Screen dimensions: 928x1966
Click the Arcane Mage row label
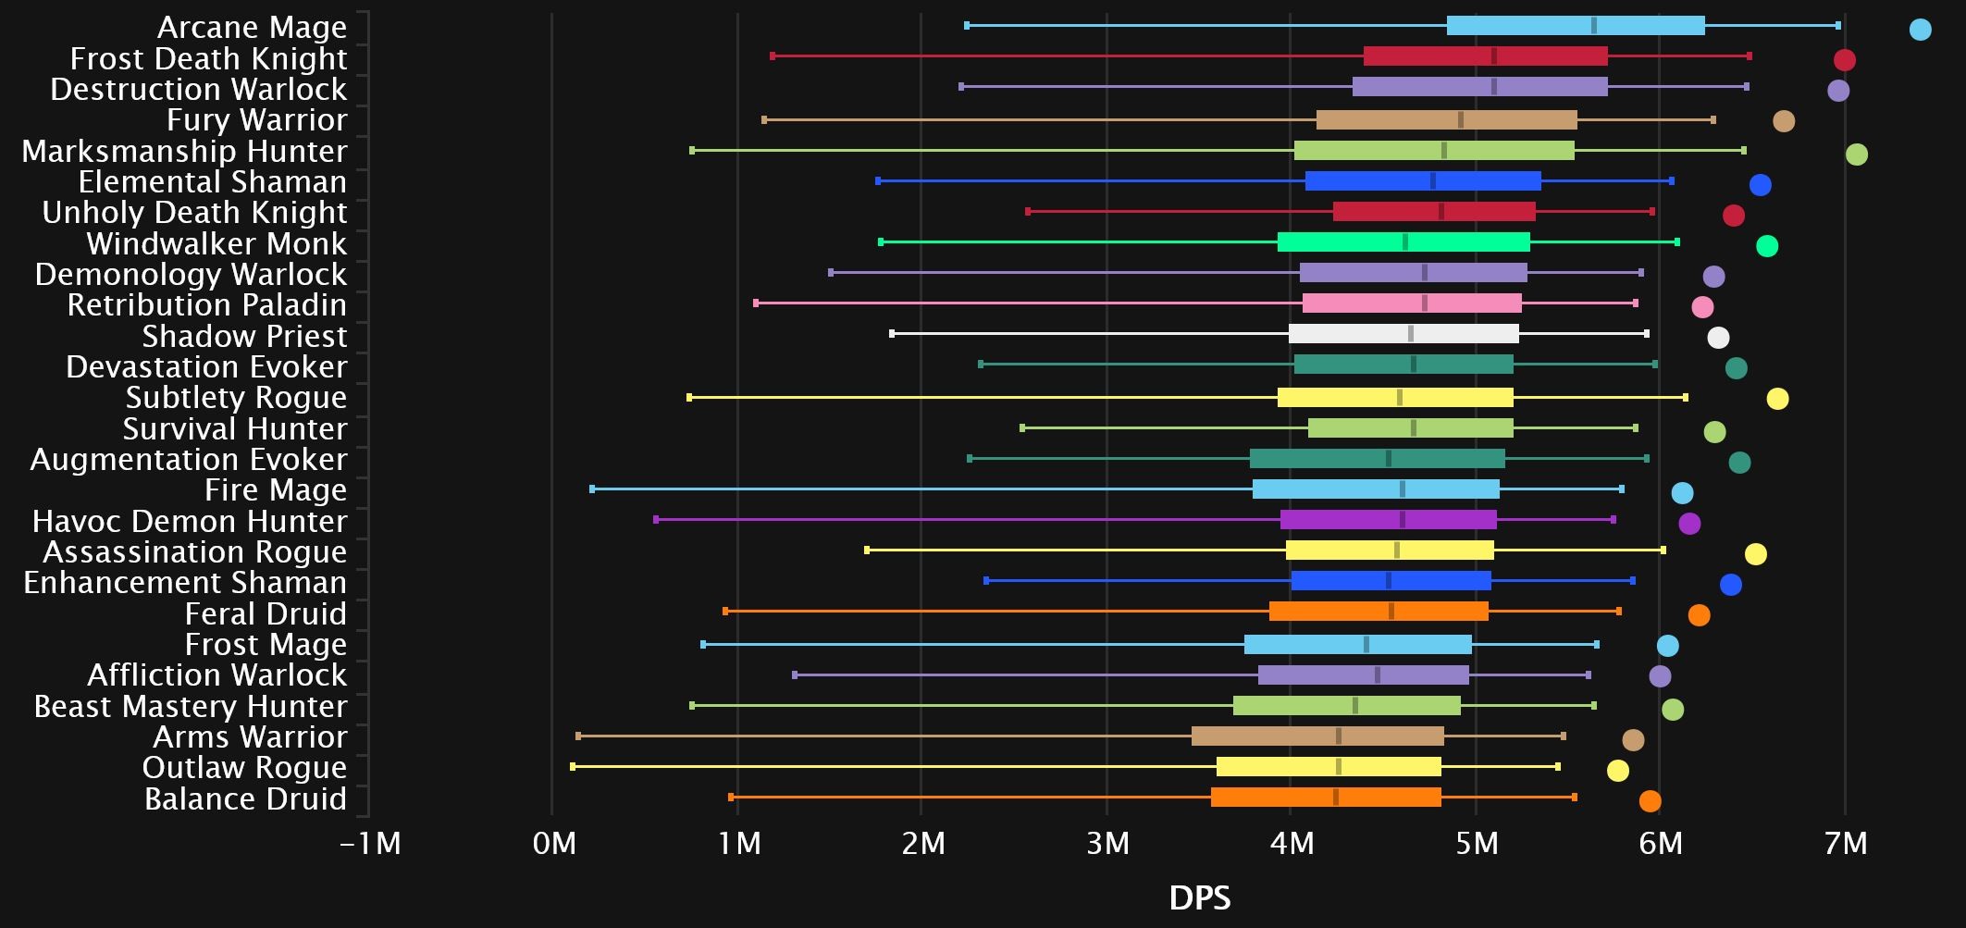click(x=252, y=28)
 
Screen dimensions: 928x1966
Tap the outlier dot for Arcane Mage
click(x=1920, y=30)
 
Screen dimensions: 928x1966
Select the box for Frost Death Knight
click(x=1485, y=56)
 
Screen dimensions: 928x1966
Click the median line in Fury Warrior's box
click(x=1460, y=119)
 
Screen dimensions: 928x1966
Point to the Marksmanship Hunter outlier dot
click(x=1856, y=155)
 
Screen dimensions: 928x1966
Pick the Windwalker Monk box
click(x=1403, y=242)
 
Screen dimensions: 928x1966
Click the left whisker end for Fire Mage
click(x=592, y=489)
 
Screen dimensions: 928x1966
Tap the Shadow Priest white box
click(x=1403, y=334)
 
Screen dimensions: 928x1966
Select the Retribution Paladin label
click(x=206, y=305)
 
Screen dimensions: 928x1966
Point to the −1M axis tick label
click(x=370, y=844)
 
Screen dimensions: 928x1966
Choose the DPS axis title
click(x=1200, y=897)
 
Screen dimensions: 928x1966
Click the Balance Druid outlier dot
click(x=1650, y=801)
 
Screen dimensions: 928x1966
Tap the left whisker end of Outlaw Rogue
click(x=573, y=766)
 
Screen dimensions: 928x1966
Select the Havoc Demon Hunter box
click(x=1388, y=519)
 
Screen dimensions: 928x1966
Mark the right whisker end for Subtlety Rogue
click(x=1685, y=397)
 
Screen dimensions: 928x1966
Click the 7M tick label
click(x=1846, y=844)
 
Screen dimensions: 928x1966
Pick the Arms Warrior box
click(x=1317, y=736)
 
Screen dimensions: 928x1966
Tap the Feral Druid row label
click(x=266, y=613)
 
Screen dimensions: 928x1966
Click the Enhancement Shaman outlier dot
click(x=1730, y=585)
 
